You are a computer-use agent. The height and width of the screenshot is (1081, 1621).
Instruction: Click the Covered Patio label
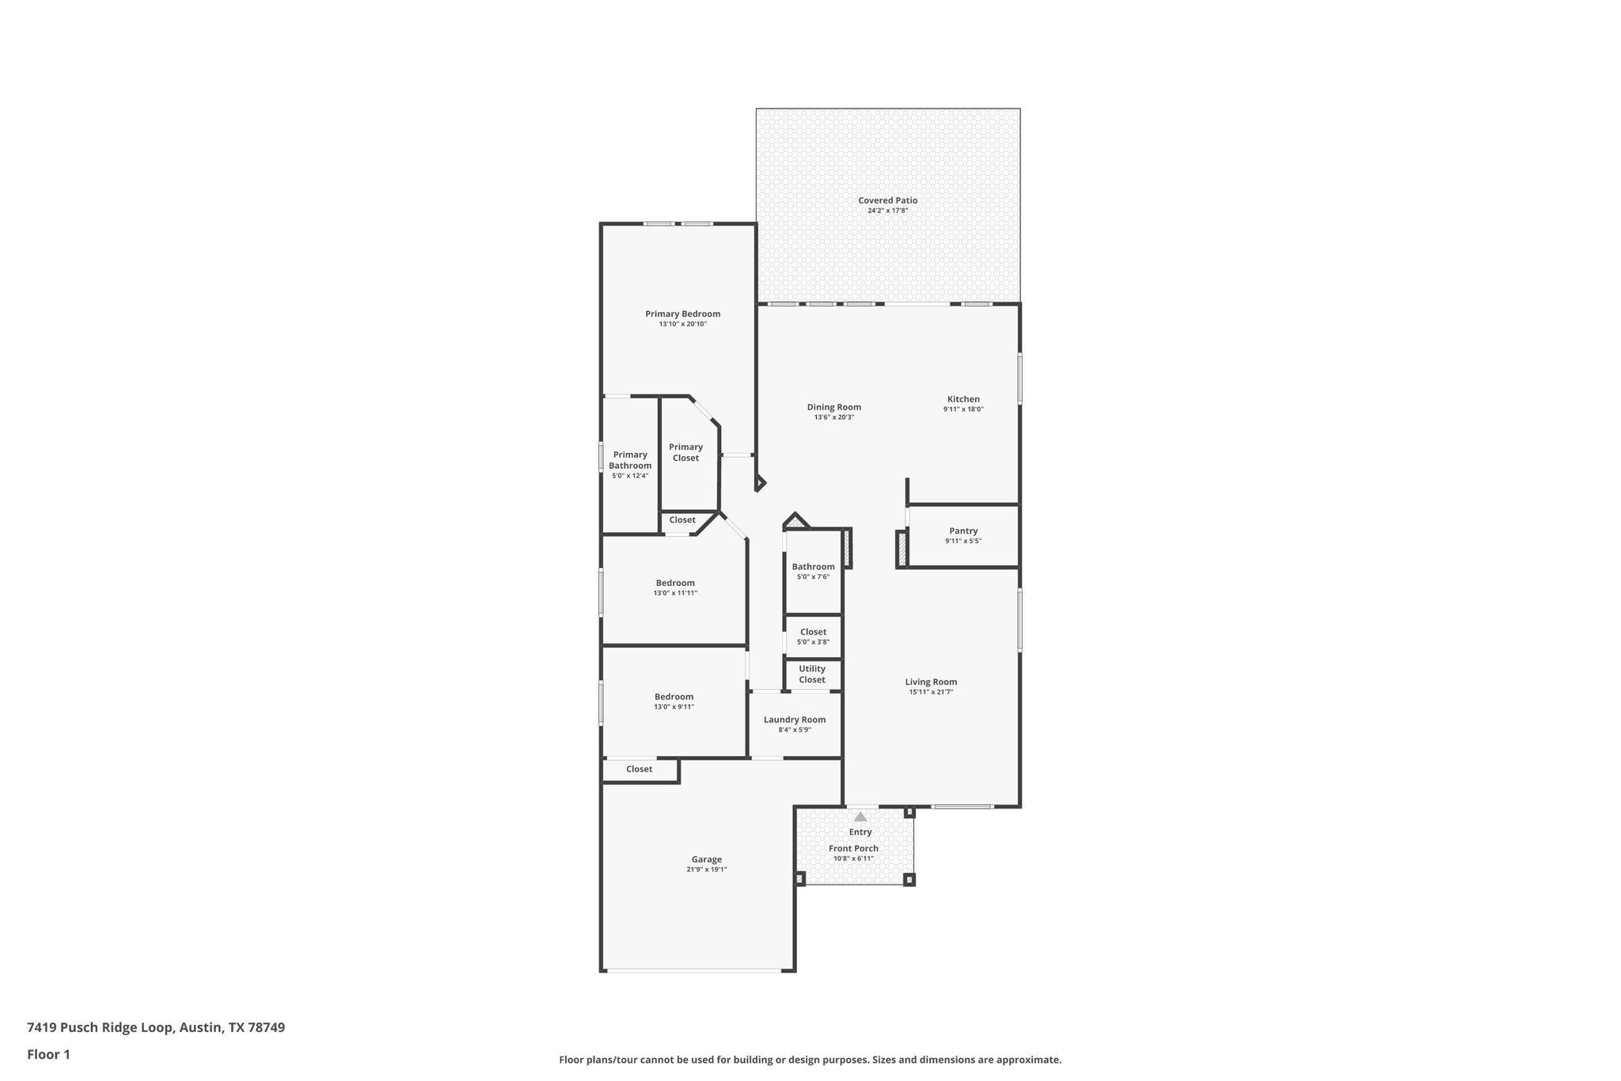pos(887,200)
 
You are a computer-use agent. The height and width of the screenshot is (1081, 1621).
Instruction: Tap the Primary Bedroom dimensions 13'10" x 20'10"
pos(682,324)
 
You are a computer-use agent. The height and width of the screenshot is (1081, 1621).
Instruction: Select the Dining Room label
pos(833,407)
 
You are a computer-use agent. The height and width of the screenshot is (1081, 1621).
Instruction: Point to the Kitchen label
pos(963,399)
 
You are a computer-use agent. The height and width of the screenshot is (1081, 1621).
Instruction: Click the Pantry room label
pos(963,531)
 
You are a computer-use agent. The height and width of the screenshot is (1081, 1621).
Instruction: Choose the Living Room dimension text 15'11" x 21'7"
pos(931,692)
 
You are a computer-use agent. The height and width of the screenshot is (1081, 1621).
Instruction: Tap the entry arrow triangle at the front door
pos(860,816)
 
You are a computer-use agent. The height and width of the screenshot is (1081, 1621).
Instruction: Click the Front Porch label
pos(853,848)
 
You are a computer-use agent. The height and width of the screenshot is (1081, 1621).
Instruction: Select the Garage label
pos(706,859)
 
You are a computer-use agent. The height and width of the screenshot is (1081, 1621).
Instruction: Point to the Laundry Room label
pos(795,719)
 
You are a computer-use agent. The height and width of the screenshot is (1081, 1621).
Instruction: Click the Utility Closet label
pos(812,674)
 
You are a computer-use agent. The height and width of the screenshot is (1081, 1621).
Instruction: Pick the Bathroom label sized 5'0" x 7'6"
pos(813,566)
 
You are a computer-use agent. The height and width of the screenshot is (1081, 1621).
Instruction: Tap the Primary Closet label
pos(685,452)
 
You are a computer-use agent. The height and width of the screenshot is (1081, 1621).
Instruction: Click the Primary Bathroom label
pos(630,460)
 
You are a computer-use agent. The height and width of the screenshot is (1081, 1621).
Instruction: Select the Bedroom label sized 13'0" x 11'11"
pos(675,583)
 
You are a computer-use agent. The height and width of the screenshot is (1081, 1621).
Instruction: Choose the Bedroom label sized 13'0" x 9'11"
pos(674,697)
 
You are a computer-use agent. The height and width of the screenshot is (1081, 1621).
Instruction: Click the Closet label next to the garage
pos(639,769)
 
